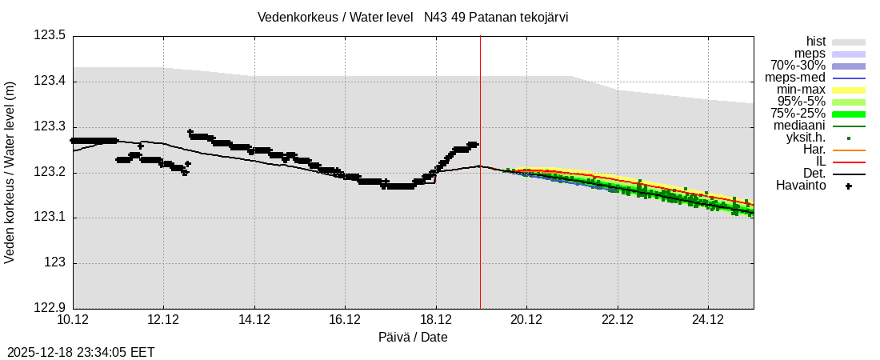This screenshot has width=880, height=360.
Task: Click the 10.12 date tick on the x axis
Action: coord(73,319)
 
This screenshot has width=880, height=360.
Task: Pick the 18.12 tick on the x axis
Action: coord(436,319)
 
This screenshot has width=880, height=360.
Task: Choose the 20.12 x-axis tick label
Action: coord(526,319)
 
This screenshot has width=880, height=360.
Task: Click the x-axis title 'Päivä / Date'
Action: coord(413,337)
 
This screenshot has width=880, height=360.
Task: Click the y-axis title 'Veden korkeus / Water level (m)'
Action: coord(10,173)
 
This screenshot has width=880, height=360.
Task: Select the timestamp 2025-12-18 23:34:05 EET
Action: coord(81,352)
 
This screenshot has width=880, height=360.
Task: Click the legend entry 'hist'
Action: coord(815,42)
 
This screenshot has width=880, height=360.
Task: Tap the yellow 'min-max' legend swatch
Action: coord(848,90)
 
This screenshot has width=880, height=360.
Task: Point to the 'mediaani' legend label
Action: coord(799,126)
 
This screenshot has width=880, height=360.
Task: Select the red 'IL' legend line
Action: coord(848,162)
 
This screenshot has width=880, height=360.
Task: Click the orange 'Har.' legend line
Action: coord(848,150)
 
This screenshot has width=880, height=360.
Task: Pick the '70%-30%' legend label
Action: coord(798,66)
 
